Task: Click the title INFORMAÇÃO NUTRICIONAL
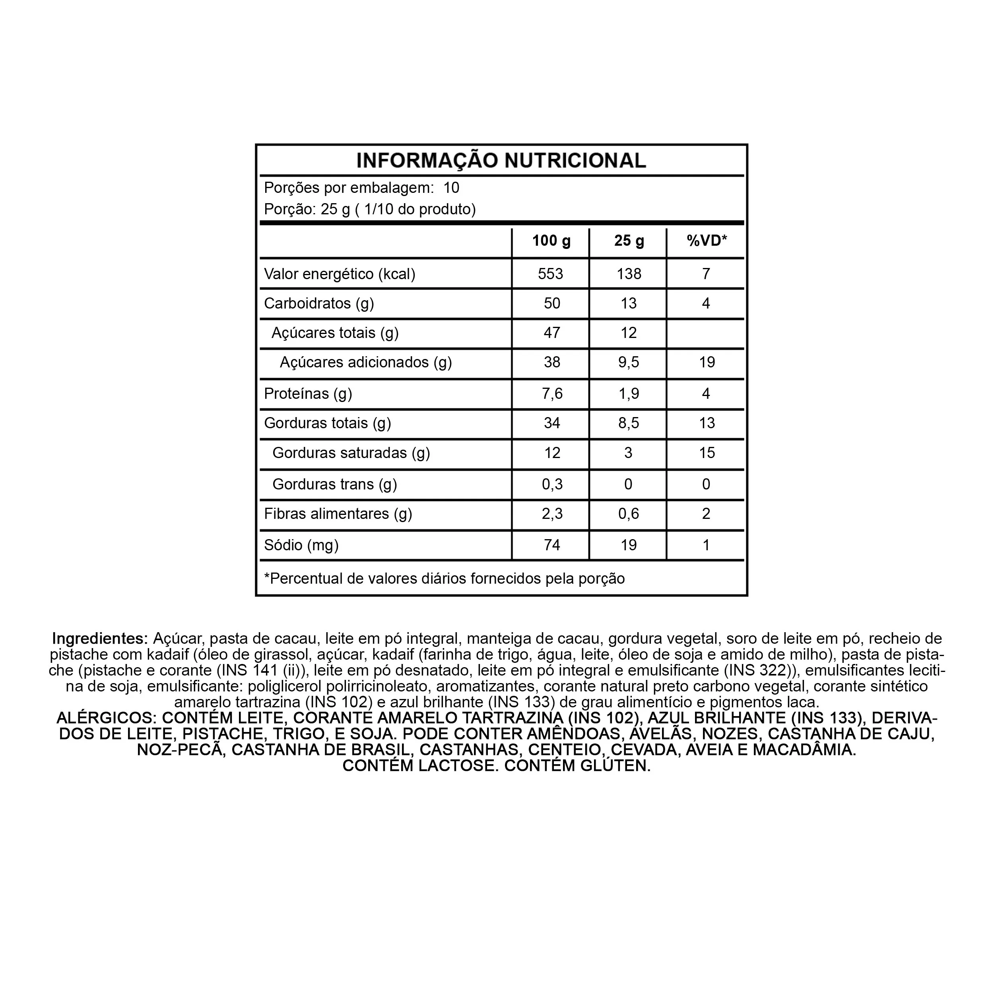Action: [x=501, y=161]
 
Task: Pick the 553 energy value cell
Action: [x=551, y=274]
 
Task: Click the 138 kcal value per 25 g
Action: [x=629, y=274]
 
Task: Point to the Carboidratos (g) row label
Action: [x=319, y=303]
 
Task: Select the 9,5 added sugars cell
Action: [x=629, y=362]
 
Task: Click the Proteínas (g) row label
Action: [x=308, y=394]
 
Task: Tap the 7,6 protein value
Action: [x=552, y=394]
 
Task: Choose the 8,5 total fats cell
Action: [x=629, y=423]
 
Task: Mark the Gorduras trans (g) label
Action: [x=334, y=484]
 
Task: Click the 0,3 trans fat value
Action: [x=552, y=484]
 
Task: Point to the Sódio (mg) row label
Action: [x=301, y=545]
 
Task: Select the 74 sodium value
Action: [x=552, y=545]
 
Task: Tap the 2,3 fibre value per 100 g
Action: [x=552, y=513]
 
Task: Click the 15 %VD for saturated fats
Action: [x=707, y=453]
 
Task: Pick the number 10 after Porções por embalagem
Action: [x=451, y=188]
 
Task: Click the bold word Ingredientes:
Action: [x=100, y=639]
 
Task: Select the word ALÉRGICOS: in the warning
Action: [x=107, y=718]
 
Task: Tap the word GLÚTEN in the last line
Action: [x=615, y=765]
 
